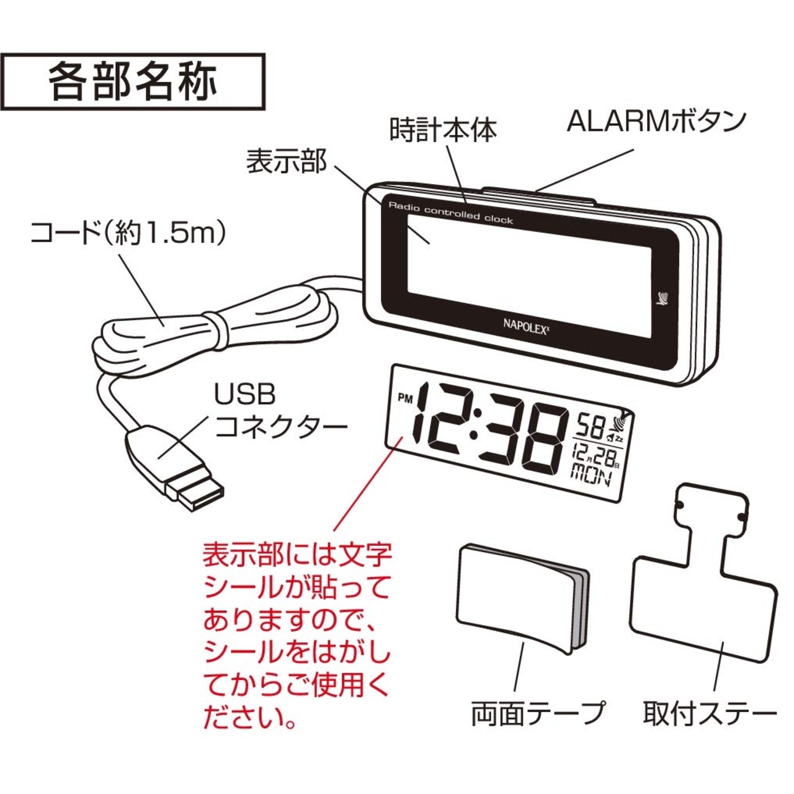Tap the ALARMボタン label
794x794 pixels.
click(x=656, y=122)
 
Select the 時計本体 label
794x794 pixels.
click(x=443, y=130)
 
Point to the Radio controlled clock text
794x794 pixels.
click(x=451, y=213)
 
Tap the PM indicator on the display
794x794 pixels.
click(x=404, y=399)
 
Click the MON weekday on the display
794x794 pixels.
click(x=591, y=476)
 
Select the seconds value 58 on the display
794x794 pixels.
click(x=590, y=427)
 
